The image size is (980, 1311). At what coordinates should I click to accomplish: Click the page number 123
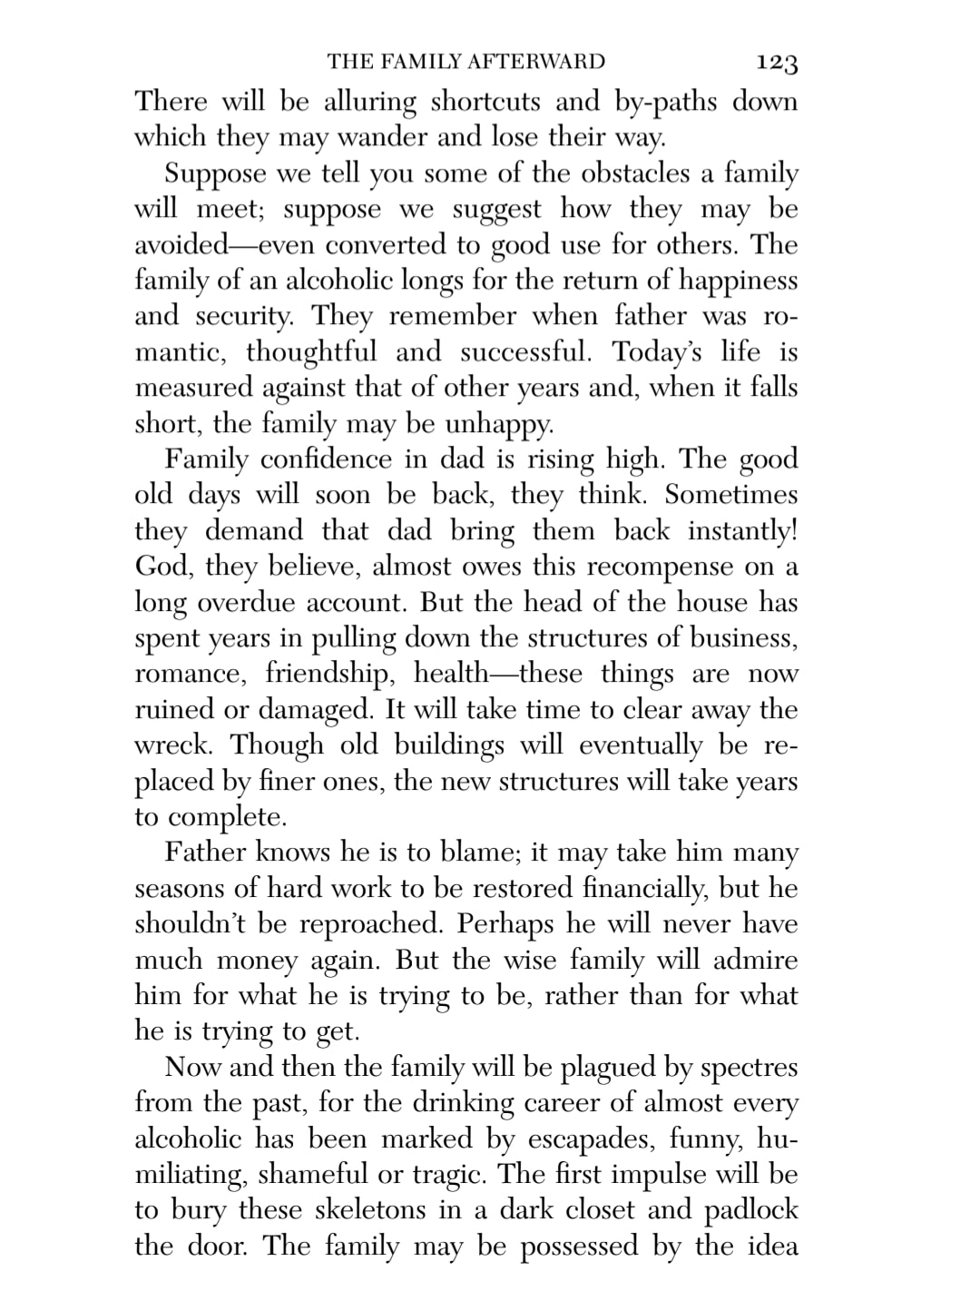[776, 63]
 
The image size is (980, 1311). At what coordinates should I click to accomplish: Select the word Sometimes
[731, 495]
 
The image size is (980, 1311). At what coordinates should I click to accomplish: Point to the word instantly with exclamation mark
[742, 531]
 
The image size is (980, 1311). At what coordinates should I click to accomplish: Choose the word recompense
[668, 567]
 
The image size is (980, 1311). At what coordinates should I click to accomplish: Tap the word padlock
[751, 1210]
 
